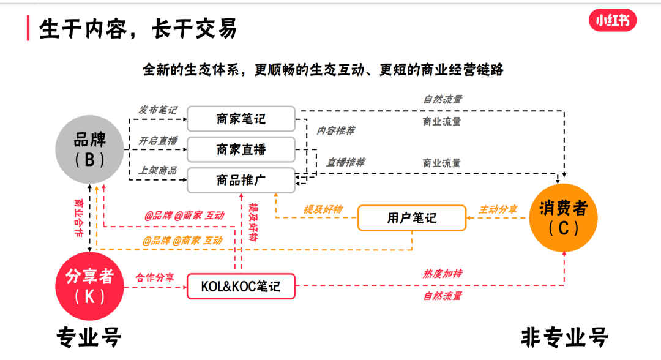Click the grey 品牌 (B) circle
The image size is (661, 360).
(89, 150)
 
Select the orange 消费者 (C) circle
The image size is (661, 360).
(563, 217)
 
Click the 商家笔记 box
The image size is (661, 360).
(241, 119)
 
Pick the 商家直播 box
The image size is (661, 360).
(241, 149)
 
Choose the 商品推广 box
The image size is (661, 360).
(241, 179)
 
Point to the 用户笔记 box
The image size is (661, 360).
(412, 218)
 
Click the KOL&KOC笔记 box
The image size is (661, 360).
(241, 286)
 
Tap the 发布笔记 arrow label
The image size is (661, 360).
(157, 110)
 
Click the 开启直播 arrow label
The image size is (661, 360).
(157, 141)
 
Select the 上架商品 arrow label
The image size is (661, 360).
(157, 170)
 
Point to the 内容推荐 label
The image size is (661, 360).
(335, 130)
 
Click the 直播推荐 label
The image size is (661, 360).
(345, 162)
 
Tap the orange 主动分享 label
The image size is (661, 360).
(498, 209)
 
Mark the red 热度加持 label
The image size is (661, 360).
(443, 274)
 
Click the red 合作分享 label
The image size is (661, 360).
(155, 277)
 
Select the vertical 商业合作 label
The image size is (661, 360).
(78, 217)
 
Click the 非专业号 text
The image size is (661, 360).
(564, 337)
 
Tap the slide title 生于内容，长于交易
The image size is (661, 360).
(138, 29)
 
